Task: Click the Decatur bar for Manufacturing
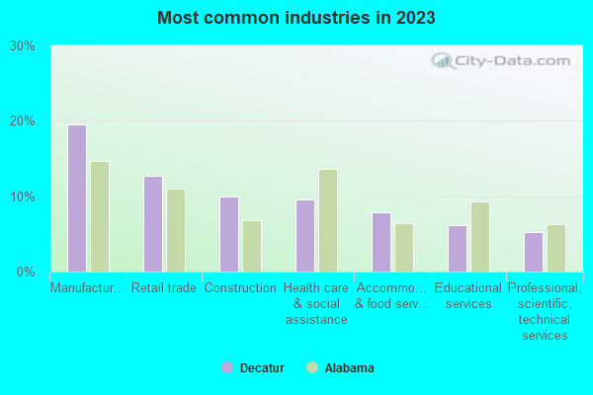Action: coord(77,198)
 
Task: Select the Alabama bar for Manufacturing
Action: coord(100,216)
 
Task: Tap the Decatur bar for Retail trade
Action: coord(153,224)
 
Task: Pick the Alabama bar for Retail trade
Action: coord(176,230)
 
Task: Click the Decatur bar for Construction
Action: coord(229,234)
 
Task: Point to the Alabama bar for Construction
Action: coord(252,246)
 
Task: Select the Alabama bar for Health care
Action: coord(328,220)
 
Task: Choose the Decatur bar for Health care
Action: coord(305,236)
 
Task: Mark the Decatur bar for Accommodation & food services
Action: coord(381,242)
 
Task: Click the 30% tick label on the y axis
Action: coord(23,45)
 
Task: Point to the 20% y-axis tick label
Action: coord(23,120)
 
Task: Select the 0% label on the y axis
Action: coord(26,272)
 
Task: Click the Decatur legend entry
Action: coord(253,368)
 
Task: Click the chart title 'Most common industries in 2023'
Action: coord(296,18)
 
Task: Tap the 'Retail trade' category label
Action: coord(164,288)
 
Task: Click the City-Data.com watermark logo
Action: coord(501,61)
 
